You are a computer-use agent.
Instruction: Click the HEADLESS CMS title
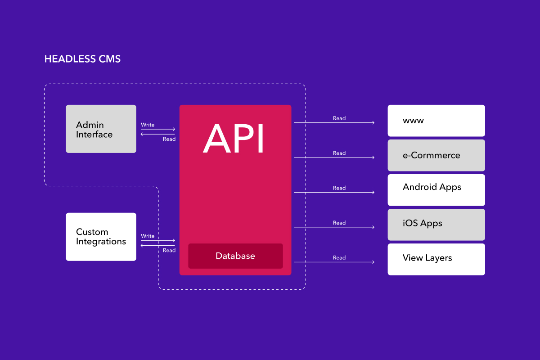pos(82,59)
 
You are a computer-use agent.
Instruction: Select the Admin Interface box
pos(101,129)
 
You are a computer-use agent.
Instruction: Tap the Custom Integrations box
pos(101,237)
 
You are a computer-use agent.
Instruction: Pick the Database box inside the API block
pos(235,256)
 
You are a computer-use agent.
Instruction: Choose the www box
pos(436,121)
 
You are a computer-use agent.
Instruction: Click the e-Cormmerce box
pos(436,155)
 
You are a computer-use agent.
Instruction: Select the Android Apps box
pos(436,190)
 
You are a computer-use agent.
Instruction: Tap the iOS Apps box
pos(436,225)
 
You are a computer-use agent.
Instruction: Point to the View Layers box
pos(436,259)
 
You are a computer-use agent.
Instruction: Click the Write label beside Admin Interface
pos(148,125)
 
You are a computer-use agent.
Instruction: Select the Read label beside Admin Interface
pos(169,139)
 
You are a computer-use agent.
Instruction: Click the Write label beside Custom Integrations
pos(148,236)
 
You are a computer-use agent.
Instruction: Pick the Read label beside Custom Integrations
pos(169,250)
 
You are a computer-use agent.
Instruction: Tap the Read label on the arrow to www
pos(339,118)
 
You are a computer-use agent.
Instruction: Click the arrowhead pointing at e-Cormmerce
pos(373,157)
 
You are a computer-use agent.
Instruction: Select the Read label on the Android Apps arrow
pos(339,188)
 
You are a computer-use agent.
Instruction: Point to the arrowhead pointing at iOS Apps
pos(373,227)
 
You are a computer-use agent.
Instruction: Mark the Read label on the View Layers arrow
pos(339,258)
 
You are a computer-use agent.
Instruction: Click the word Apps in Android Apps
pos(450,188)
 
